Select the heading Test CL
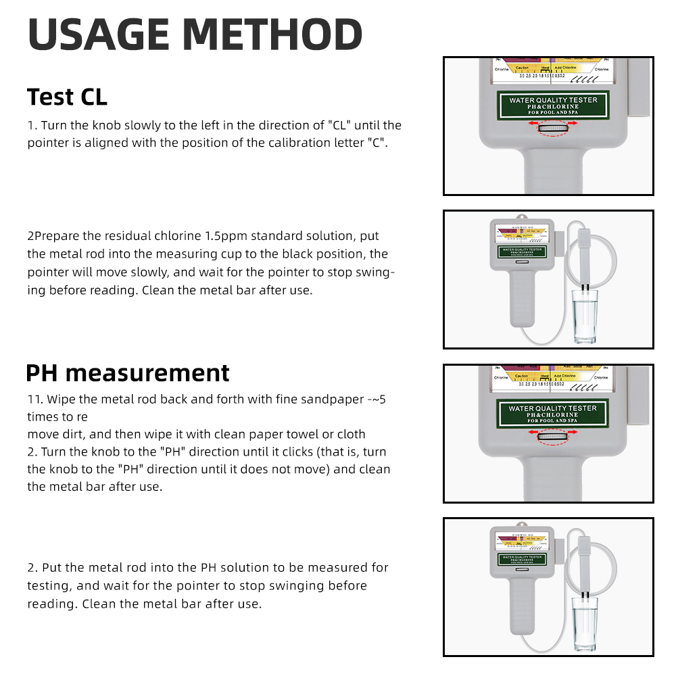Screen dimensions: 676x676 pos(67,97)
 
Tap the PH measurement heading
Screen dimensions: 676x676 pos(128,372)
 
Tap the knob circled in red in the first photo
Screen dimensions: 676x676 pos(553,126)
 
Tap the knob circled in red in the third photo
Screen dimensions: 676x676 pos(553,437)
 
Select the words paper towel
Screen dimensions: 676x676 pos(293,434)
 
